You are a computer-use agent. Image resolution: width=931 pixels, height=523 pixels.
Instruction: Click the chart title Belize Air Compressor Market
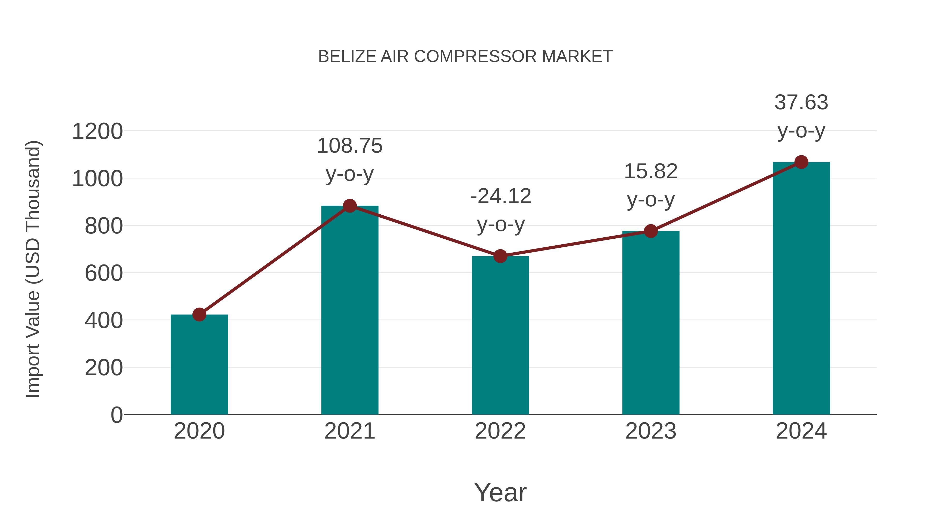(x=465, y=57)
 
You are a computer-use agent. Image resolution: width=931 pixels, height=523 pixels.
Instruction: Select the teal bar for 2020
(x=199, y=364)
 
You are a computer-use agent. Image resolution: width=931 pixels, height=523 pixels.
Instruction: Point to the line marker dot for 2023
(x=651, y=231)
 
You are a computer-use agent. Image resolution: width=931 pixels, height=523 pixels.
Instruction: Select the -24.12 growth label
(x=501, y=196)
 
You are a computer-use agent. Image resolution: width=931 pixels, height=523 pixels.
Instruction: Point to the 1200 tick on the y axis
(x=97, y=131)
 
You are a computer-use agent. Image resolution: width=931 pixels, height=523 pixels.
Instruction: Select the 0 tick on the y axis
(x=116, y=415)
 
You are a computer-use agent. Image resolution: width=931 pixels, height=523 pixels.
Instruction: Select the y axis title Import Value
(x=33, y=269)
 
